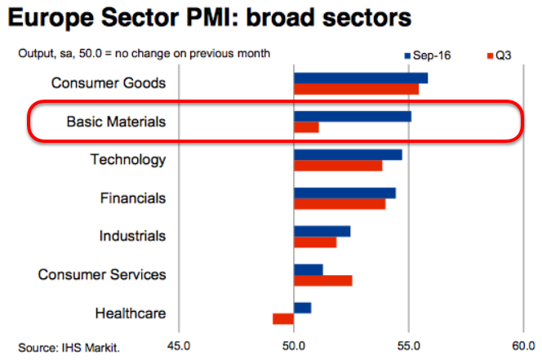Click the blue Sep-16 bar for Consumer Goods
tap(360, 78)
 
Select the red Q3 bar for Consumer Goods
tap(356, 89)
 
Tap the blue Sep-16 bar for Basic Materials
tap(352, 116)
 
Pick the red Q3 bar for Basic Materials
tap(306, 127)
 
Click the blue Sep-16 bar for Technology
tap(348, 154)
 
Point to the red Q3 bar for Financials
tap(340, 204)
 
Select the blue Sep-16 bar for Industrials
tap(322, 231)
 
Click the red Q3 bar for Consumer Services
tap(322, 281)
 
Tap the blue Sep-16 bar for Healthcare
tap(302, 308)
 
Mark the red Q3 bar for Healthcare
tap(283, 318)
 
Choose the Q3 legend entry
tap(500, 56)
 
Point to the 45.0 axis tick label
tap(180, 346)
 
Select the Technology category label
tap(128, 160)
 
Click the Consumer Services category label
tap(102, 274)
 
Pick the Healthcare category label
tap(131, 313)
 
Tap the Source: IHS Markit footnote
tap(69, 348)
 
